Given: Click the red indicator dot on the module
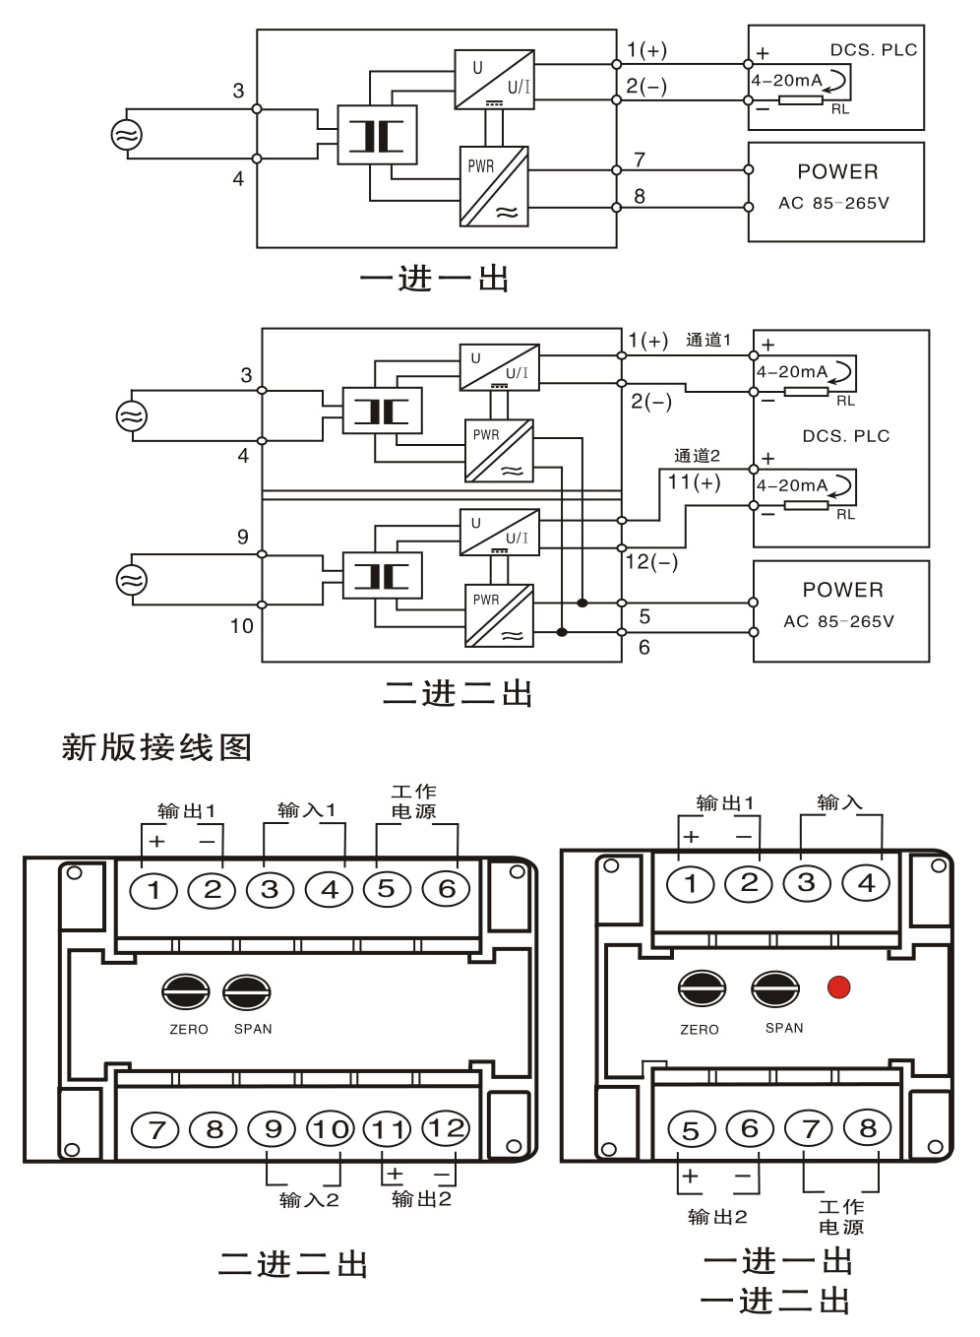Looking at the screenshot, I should [838, 987].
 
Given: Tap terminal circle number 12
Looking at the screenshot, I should [446, 1128].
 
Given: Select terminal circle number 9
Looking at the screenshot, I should [273, 1128].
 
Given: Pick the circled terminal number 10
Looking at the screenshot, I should [331, 1128].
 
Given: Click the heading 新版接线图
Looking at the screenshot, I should [156, 747].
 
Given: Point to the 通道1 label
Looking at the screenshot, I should [707, 340].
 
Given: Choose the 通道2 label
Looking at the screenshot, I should [697, 455].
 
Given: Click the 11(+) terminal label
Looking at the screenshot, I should [694, 482].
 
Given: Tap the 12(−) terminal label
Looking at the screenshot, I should [651, 562].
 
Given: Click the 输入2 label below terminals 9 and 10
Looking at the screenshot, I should [308, 1199].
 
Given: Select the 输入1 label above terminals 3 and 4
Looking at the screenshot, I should [306, 810].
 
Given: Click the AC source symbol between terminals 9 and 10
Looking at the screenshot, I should [132, 579].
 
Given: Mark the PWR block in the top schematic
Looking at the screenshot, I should [494, 186].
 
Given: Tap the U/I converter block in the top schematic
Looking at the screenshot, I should [494, 80].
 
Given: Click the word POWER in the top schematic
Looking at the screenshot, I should [837, 172].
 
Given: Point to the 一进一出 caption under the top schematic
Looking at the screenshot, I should [434, 280].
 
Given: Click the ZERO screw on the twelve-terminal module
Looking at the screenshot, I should [186, 992].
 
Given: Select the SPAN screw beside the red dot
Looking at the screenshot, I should [775, 988].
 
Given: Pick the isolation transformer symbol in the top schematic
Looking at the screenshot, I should [377, 135].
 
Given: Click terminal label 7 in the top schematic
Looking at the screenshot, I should [640, 159].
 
